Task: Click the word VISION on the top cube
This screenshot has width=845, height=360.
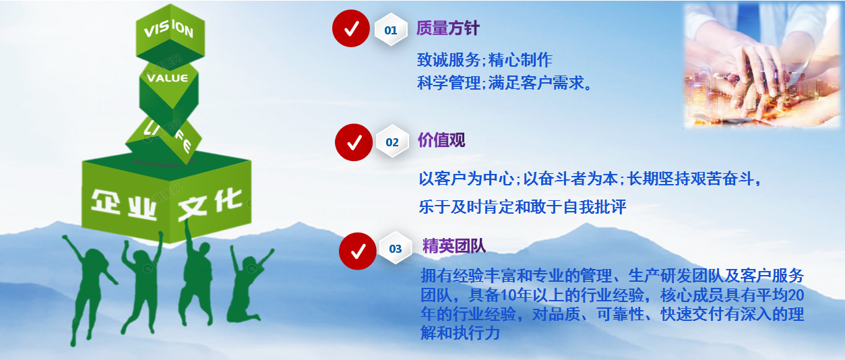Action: pyautogui.click(x=168, y=29)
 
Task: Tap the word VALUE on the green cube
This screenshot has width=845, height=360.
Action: pyautogui.click(x=167, y=78)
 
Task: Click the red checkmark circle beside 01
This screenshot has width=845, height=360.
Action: pyautogui.click(x=350, y=28)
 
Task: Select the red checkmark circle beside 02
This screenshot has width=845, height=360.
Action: pyautogui.click(x=354, y=142)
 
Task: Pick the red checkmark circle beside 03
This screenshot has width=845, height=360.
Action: pyautogui.click(x=357, y=251)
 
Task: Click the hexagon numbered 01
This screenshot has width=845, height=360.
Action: pyautogui.click(x=391, y=30)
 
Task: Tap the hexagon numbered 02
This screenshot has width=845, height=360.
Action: pyautogui.click(x=392, y=142)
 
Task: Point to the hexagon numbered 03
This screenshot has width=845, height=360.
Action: pyautogui.click(x=396, y=248)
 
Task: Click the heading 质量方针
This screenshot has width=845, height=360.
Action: pyautogui.click(x=448, y=28)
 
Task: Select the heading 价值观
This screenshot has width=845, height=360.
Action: pyautogui.click(x=441, y=140)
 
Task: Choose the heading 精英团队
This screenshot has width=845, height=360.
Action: pyautogui.click(x=454, y=246)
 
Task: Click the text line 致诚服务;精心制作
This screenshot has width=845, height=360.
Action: pyautogui.click(x=484, y=60)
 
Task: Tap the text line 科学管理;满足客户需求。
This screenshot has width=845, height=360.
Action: pyautogui.click(x=504, y=83)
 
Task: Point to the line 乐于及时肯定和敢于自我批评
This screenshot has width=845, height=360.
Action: pyautogui.click(x=522, y=207)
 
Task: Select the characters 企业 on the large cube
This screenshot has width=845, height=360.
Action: pyautogui.click(x=124, y=205)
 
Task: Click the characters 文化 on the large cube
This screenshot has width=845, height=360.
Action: pyautogui.click(x=210, y=204)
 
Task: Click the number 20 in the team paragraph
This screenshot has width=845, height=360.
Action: pyautogui.click(x=796, y=295)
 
